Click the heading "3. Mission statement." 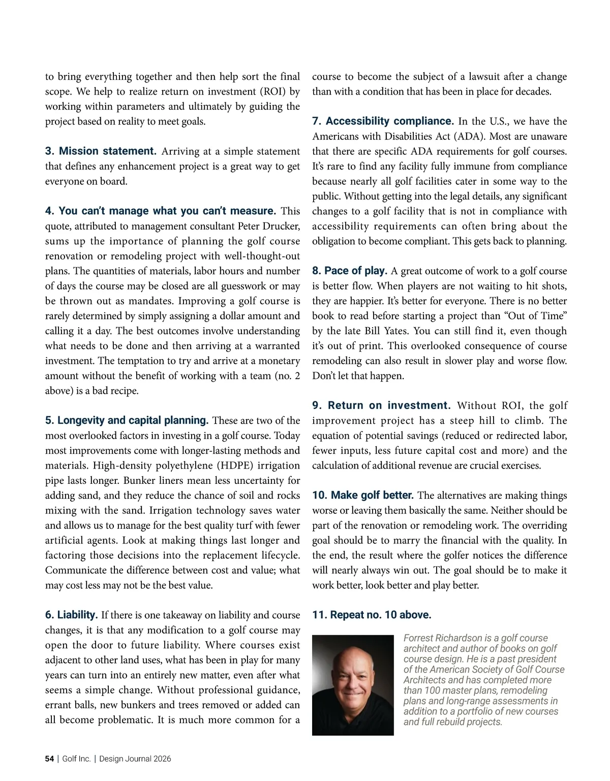[x=101, y=151]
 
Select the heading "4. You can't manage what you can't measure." [x=160, y=211]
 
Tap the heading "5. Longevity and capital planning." [x=127, y=420]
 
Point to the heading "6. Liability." [x=71, y=615]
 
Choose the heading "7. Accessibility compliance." [x=383, y=121]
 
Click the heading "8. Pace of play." [x=350, y=271]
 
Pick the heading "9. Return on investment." [x=381, y=405]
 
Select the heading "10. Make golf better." [x=362, y=495]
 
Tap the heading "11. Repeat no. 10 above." [x=372, y=615]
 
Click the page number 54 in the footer [x=49, y=759]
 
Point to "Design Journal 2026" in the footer [x=135, y=759]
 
